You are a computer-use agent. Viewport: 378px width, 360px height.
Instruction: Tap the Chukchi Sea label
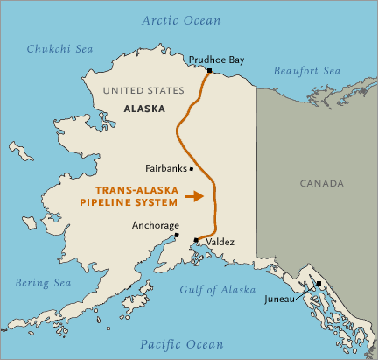pyautogui.click(x=58, y=49)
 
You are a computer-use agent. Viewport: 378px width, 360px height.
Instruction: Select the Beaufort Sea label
pyautogui.click(x=306, y=70)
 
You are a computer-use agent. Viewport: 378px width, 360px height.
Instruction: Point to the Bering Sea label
pyautogui.click(x=43, y=282)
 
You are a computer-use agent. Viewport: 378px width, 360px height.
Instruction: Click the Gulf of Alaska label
pyautogui.click(x=217, y=289)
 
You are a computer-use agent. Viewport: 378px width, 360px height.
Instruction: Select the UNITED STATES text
pyautogui.click(x=143, y=90)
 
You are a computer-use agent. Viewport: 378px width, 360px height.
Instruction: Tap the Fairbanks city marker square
pyautogui.click(x=192, y=168)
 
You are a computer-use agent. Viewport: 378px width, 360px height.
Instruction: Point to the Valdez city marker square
pyautogui.click(x=196, y=239)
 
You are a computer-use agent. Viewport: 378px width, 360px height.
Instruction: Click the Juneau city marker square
pyautogui.click(x=319, y=283)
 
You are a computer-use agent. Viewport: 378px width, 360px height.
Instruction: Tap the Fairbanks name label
pyautogui.click(x=166, y=168)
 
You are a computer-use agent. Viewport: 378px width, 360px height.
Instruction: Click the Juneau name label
pyautogui.click(x=282, y=300)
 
